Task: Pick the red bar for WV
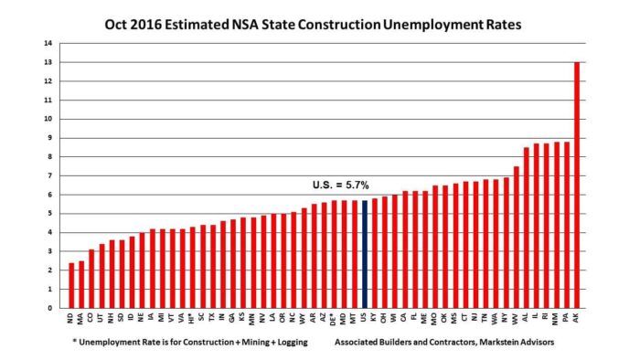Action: pyautogui.click(x=516, y=237)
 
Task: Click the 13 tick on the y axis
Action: pyautogui.click(x=51, y=62)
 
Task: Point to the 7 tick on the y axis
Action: pyautogui.click(x=53, y=175)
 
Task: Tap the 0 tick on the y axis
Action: pyautogui.click(x=53, y=308)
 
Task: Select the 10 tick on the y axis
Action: pyautogui.click(x=51, y=119)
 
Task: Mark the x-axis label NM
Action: pyautogui.click(x=556, y=316)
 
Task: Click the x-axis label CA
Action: pyautogui.click(x=405, y=316)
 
